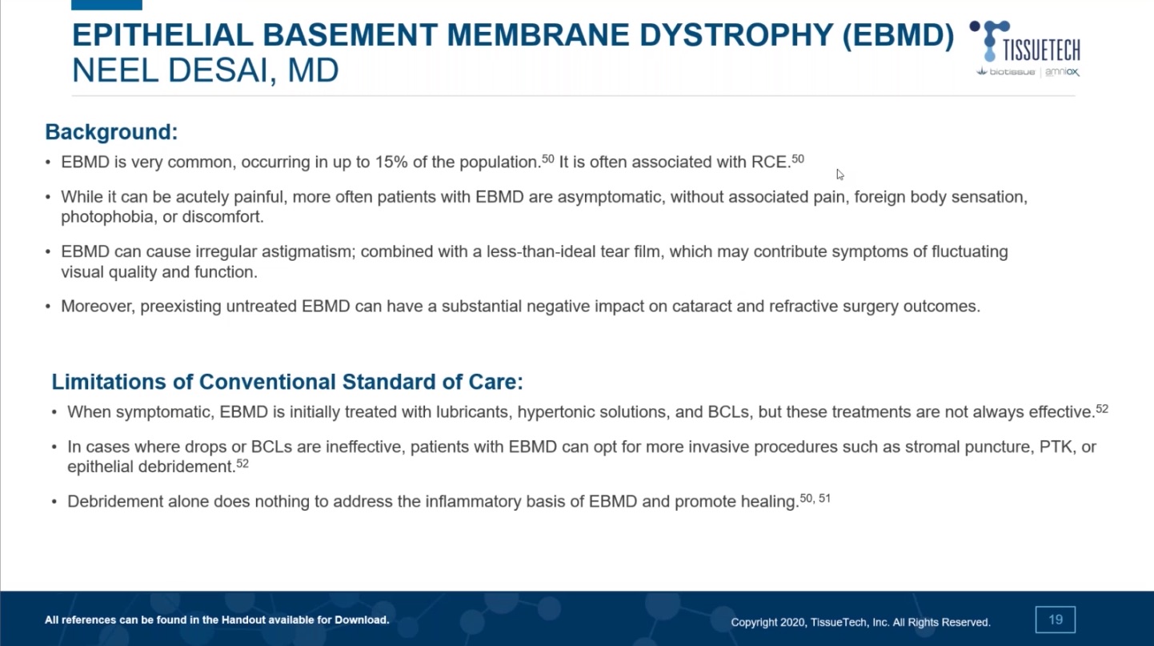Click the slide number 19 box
coord(1055,620)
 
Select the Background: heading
coord(111,132)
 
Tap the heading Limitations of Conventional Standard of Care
coord(286,382)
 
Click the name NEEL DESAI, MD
coord(205,71)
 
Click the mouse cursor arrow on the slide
coord(839,175)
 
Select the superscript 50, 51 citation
coord(815,499)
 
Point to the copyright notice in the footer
coord(860,622)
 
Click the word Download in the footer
coord(363,620)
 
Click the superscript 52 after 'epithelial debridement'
coord(242,463)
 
